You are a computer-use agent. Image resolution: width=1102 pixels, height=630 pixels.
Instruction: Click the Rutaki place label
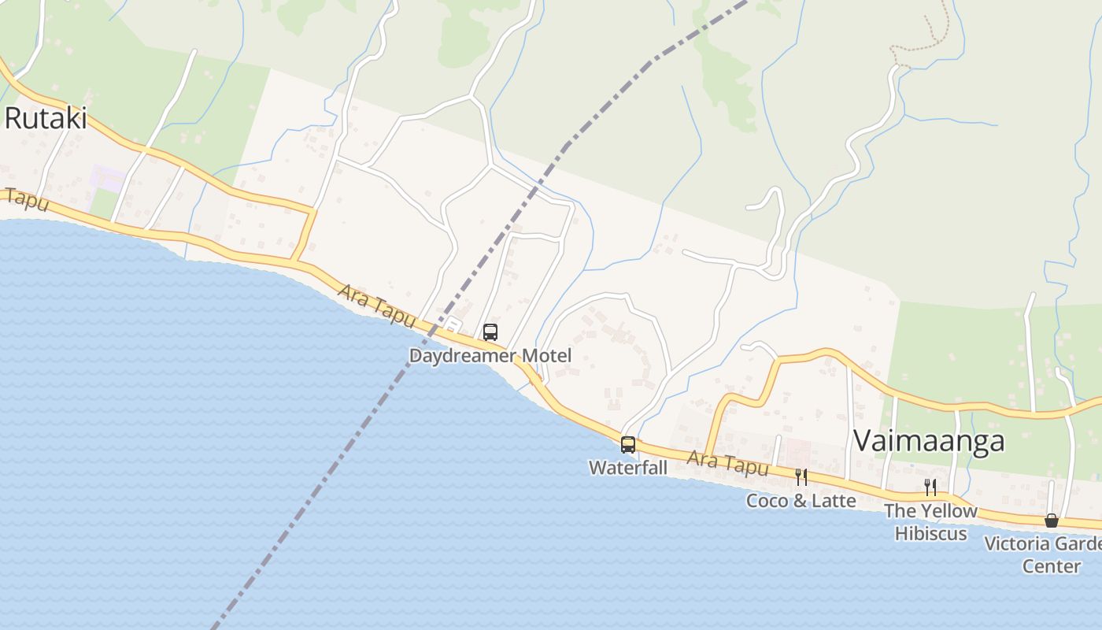45,119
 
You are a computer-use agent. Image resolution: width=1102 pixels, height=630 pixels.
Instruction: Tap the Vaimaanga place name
929,440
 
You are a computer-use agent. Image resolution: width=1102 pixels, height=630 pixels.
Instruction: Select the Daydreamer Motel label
490,356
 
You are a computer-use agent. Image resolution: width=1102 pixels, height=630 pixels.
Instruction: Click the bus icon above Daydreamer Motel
490,332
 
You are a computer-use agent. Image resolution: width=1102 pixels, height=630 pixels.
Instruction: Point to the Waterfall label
628,468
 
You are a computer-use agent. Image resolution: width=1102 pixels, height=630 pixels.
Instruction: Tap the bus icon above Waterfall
628,444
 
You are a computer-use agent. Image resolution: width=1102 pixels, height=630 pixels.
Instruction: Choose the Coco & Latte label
801,501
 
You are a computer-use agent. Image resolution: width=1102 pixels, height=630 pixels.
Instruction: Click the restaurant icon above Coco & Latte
801,476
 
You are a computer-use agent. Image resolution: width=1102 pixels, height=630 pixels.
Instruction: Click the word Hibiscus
930,533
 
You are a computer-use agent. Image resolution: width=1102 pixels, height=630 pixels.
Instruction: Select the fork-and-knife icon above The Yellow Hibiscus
930,487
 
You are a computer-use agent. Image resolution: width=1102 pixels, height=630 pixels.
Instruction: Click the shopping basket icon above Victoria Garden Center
1051,521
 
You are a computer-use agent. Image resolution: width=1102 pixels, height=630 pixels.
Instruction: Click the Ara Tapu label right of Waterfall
727,463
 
